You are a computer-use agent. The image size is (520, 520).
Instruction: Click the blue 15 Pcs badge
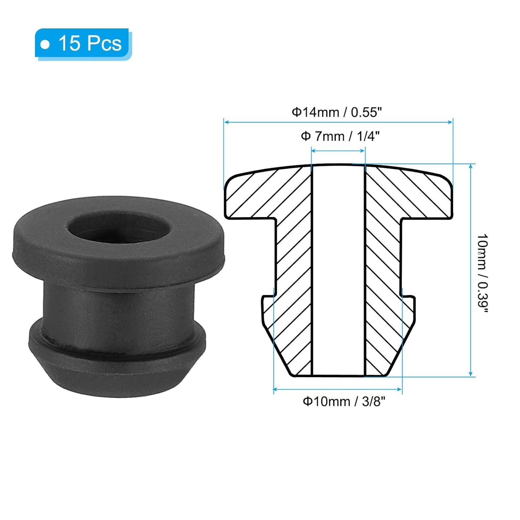[83, 44]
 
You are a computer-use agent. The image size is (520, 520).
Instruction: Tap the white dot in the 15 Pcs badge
[45, 45]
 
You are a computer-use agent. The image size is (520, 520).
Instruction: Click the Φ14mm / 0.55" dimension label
[336, 112]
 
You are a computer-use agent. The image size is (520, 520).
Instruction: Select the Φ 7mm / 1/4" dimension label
[340, 136]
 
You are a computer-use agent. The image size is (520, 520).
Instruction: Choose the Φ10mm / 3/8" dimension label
[344, 401]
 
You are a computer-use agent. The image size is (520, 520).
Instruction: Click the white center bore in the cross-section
[338, 270]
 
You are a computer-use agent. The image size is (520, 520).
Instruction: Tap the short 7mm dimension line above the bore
[338, 151]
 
